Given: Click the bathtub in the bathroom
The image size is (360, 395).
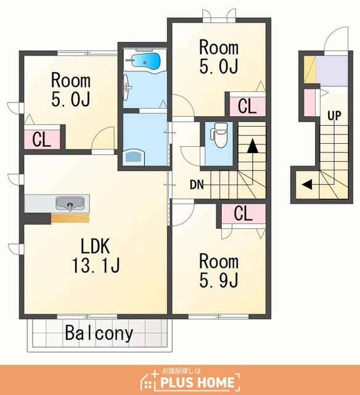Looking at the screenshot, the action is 145,62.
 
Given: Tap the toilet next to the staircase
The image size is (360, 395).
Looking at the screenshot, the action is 219,135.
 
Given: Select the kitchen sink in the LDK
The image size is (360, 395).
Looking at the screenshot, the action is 70,204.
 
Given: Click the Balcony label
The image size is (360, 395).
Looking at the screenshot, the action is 99,333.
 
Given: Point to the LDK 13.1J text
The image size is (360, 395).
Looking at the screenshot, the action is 96,256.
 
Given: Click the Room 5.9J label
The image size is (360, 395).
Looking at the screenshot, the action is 219,271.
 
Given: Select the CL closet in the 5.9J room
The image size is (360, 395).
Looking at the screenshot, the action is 243,213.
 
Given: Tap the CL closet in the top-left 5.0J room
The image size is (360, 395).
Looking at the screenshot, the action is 42,139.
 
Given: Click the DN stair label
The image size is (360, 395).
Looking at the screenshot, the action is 197,185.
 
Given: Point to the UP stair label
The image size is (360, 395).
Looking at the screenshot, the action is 334,115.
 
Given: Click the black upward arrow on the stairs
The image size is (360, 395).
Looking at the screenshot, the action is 252,146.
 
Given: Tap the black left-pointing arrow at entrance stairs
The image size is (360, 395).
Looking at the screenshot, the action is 307,184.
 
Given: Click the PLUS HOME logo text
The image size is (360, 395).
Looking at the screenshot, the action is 197,383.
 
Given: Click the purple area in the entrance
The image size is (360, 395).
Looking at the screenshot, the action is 332,71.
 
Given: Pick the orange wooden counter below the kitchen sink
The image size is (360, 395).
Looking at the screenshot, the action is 70,218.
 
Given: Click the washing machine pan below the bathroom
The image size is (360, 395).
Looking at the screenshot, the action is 134,158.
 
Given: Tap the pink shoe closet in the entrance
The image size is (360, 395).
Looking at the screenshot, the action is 309,103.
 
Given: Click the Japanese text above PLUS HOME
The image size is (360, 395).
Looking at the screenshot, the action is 181,371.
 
